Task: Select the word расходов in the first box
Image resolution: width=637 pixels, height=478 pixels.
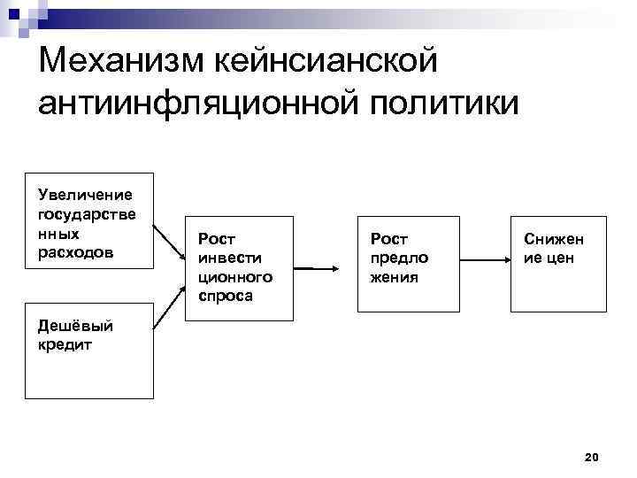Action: [75, 253]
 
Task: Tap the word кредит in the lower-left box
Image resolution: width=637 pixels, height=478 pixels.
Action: [65, 344]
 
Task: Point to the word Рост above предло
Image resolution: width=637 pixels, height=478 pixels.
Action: [388, 238]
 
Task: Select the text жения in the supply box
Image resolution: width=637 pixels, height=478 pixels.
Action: [394, 277]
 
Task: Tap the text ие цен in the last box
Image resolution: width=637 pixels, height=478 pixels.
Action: [549, 258]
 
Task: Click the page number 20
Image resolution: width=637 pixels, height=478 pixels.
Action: [592, 457]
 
